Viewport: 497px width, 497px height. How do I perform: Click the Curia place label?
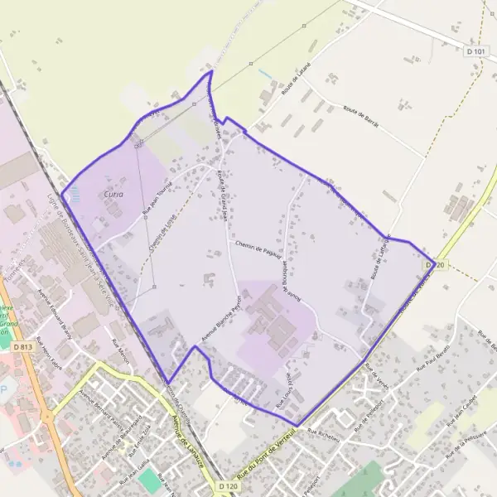[113, 194]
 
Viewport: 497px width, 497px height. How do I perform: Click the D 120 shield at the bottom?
[228, 488]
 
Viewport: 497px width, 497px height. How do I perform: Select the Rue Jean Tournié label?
[156, 199]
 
